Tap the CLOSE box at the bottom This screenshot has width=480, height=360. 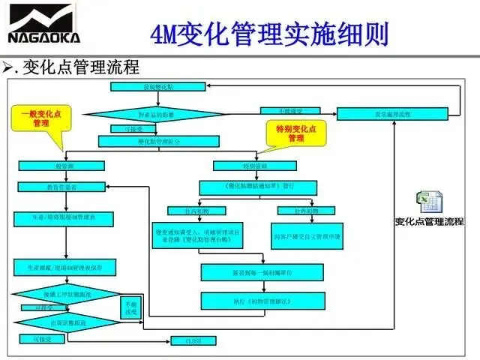[193, 341]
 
